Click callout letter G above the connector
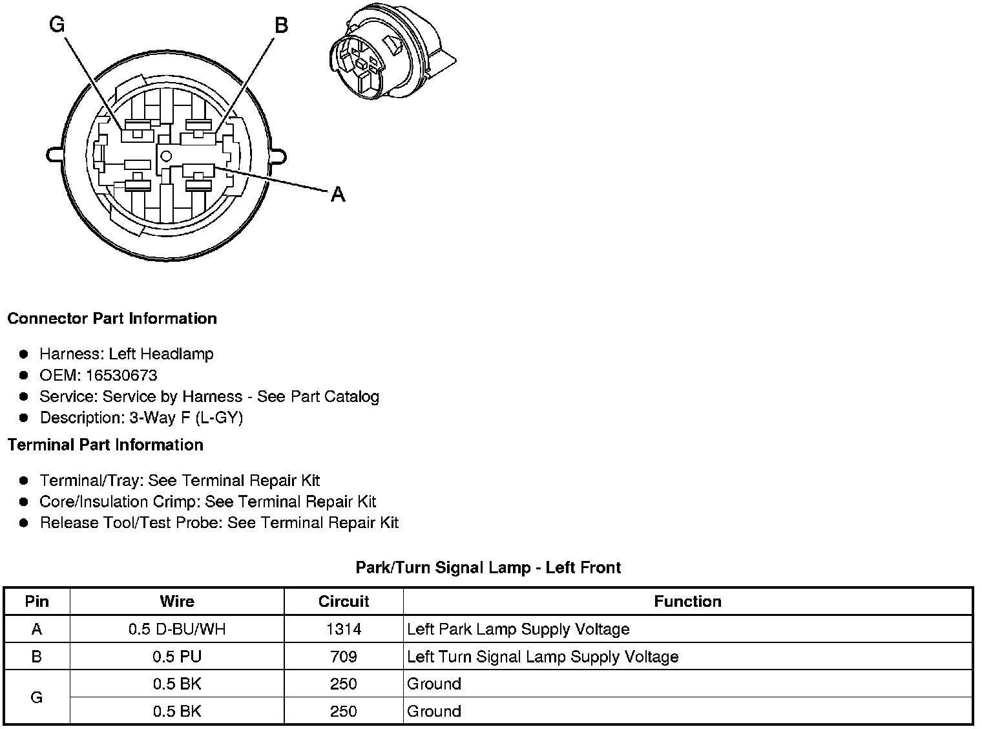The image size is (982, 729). pyautogui.click(x=57, y=25)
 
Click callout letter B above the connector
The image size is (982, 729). pyautogui.click(x=281, y=25)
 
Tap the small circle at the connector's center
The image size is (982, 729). pyautogui.click(x=166, y=156)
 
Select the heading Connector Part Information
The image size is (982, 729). pyautogui.click(x=112, y=319)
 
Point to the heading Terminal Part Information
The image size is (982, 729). pyautogui.click(x=105, y=445)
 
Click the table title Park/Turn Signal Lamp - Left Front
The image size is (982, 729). pyautogui.click(x=488, y=567)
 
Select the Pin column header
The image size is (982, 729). pyautogui.click(x=37, y=602)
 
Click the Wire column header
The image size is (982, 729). pyautogui.click(x=177, y=602)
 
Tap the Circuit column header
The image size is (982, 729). pyautogui.click(x=344, y=602)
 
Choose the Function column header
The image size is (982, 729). pyautogui.click(x=687, y=602)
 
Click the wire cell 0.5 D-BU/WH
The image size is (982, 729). pyautogui.click(x=177, y=629)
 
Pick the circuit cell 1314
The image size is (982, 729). pyautogui.click(x=344, y=629)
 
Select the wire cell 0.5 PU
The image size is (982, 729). pyautogui.click(x=177, y=657)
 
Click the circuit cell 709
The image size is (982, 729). pyautogui.click(x=344, y=657)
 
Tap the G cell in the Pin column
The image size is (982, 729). pyautogui.click(x=37, y=698)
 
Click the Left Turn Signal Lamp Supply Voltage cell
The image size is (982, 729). pyautogui.click(x=543, y=657)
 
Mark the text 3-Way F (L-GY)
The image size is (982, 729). pyautogui.click(x=186, y=418)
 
